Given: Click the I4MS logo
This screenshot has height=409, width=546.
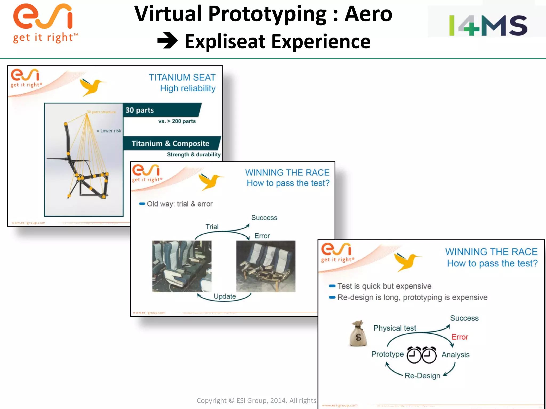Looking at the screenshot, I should [x=488, y=25].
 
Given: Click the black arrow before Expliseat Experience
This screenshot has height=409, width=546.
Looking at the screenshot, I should [x=167, y=40].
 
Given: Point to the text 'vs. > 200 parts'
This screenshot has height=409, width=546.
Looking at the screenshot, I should [x=177, y=121].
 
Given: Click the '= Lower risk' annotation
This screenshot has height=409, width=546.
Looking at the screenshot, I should [x=109, y=131].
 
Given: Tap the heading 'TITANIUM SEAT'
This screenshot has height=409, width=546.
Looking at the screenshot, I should [x=182, y=77].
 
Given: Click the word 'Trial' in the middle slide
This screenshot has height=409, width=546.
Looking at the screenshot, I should [x=212, y=227].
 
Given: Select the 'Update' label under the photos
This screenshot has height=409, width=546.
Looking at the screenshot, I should [x=225, y=296].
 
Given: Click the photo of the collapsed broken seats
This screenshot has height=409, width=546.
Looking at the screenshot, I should [x=266, y=266].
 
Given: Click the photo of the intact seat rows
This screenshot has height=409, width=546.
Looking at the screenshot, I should [x=182, y=266].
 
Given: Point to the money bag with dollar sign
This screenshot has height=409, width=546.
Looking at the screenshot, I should [x=358, y=334].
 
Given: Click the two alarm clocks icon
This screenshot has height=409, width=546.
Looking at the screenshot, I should [x=421, y=355].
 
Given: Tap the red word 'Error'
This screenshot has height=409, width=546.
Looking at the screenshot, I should [x=460, y=337].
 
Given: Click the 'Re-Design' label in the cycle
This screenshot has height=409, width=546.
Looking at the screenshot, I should [x=422, y=376].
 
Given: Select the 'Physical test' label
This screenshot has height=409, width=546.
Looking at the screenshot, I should [x=395, y=328].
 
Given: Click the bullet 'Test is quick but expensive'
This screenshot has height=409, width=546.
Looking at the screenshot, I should [x=384, y=286].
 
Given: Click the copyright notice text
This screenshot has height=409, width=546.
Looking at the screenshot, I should [x=256, y=400].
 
